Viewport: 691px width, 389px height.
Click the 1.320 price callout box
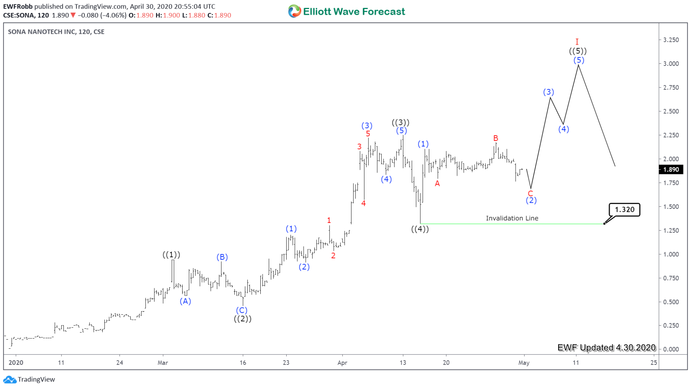click(624, 210)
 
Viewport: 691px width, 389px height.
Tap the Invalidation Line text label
click(512, 218)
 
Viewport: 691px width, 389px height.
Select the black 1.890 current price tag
click(671, 170)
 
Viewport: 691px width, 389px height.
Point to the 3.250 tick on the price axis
click(671, 40)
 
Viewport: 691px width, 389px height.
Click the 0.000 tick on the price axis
click(671, 349)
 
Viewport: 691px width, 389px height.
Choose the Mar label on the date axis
click(163, 363)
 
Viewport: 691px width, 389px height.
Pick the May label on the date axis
click(524, 363)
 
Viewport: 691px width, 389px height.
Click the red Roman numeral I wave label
click(577, 42)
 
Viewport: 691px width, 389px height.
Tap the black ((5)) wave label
click(578, 51)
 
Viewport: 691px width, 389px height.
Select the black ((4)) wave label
click(420, 229)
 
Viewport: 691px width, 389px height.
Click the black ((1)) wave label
click(171, 255)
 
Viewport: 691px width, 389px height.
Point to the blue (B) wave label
click(222, 257)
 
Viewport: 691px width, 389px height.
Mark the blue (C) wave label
click(242, 310)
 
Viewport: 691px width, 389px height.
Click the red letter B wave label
click(495, 138)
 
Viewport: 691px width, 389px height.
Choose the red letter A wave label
click(437, 184)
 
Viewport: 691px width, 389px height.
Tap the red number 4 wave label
click(363, 204)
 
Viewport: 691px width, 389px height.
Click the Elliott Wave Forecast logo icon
click(294, 12)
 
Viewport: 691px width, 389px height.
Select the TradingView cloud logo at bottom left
click(10, 379)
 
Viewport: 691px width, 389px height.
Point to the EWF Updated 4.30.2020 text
click(606, 348)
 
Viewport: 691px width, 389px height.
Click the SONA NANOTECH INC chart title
click(56, 32)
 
